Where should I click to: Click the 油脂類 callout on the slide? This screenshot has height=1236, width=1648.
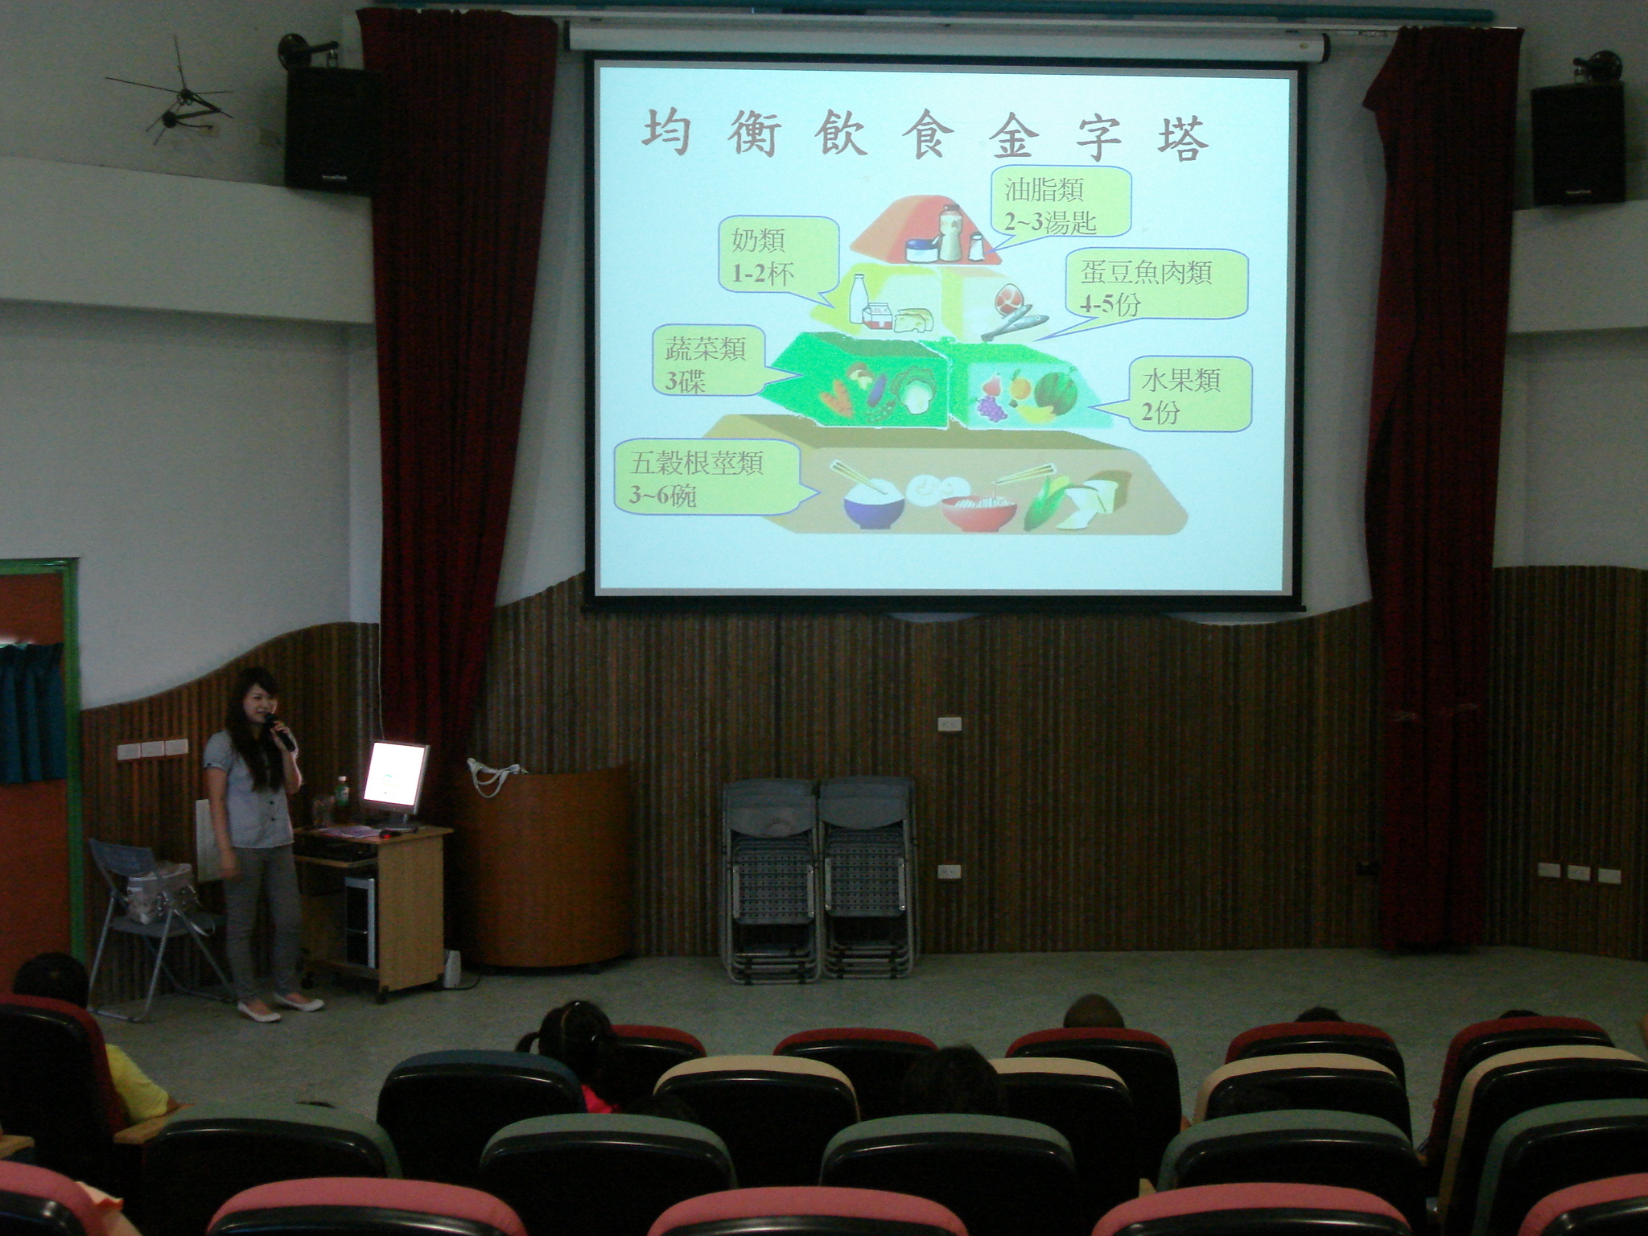[1061, 202]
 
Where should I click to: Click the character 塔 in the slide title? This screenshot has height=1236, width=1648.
[1182, 138]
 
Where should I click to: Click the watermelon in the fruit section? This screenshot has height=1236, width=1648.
[1054, 392]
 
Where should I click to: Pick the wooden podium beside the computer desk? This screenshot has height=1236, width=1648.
[547, 864]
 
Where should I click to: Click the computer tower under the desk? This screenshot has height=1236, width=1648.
[360, 921]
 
